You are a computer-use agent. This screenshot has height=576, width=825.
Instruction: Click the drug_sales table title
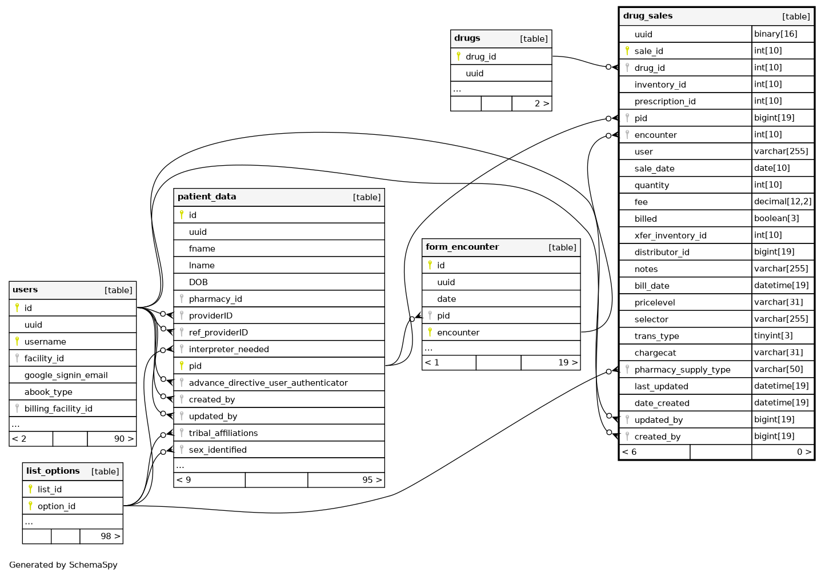click(648, 16)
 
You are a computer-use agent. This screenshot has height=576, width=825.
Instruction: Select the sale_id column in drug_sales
click(648, 51)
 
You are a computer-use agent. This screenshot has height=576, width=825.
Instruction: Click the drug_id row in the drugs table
click(480, 57)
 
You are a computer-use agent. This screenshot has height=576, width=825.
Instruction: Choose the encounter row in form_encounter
click(458, 333)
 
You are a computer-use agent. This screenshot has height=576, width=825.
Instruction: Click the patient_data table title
click(207, 197)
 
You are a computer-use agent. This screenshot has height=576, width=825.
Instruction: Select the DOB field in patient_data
click(198, 282)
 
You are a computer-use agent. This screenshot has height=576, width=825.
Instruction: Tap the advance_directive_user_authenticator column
click(268, 383)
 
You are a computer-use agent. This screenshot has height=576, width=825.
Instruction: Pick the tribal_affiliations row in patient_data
click(223, 433)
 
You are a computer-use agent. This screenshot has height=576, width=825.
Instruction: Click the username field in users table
click(45, 342)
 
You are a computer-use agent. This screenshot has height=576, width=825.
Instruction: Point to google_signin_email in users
click(66, 375)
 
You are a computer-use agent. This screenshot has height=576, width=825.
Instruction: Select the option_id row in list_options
click(57, 506)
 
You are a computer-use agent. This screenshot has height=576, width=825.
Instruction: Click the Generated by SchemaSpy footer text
click(63, 565)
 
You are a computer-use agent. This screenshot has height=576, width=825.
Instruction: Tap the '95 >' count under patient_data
click(372, 480)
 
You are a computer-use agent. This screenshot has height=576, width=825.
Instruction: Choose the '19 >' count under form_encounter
click(567, 362)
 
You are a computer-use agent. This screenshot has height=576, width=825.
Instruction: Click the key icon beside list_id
click(30, 489)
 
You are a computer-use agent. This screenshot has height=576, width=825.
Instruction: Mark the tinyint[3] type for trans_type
click(773, 336)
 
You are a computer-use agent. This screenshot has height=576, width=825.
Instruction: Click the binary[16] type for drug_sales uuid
click(775, 34)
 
